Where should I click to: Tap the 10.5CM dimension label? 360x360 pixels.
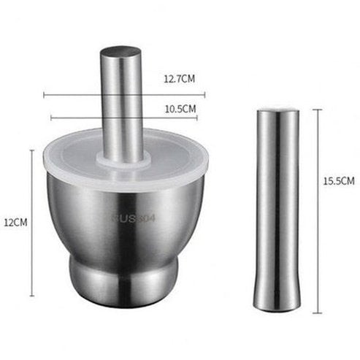(x=180, y=108)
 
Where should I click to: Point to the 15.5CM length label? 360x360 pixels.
(x=340, y=180)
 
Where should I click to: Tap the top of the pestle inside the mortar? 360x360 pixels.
(x=120, y=53)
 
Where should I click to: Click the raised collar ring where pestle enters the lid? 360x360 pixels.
(x=123, y=161)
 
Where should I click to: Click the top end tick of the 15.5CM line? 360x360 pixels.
(x=318, y=110)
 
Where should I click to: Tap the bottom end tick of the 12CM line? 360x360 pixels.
(x=32, y=296)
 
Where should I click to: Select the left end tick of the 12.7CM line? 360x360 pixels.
(x=43, y=94)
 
